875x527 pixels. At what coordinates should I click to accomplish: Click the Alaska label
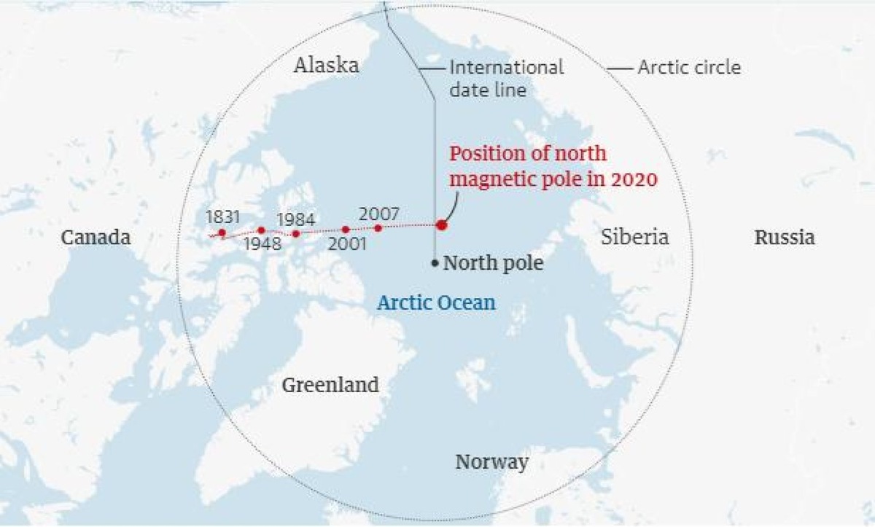coord(326,66)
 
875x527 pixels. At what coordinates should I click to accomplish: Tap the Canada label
coord(96,238)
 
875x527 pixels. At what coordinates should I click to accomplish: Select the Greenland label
coord(330,384)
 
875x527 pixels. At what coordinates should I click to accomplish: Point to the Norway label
coord(491,462)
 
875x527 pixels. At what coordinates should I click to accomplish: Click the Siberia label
coord(635,237)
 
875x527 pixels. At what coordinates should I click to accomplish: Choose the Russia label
coord(785,238)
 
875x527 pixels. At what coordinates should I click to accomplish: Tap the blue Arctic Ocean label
coord(436,302)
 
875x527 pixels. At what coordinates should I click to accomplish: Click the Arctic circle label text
coord(689,68)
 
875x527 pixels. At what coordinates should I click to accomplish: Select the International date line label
coord(506,79)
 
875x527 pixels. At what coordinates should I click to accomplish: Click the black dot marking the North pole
coord(435,263)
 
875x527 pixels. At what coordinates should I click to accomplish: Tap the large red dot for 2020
coord(441,225)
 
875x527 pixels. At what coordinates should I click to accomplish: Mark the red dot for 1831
coord(222,233)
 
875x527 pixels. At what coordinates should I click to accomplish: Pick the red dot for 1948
coord(261,230)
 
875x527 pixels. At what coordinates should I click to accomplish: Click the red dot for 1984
coord(296,233)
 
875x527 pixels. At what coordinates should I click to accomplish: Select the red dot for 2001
coord(346,230)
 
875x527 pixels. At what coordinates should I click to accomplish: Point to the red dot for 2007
coord(378,228)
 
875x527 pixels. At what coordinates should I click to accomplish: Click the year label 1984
coord(295,218)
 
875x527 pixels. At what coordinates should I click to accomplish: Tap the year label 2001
coord(346,244)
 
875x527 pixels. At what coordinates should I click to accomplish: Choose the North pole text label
coord(493,263)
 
